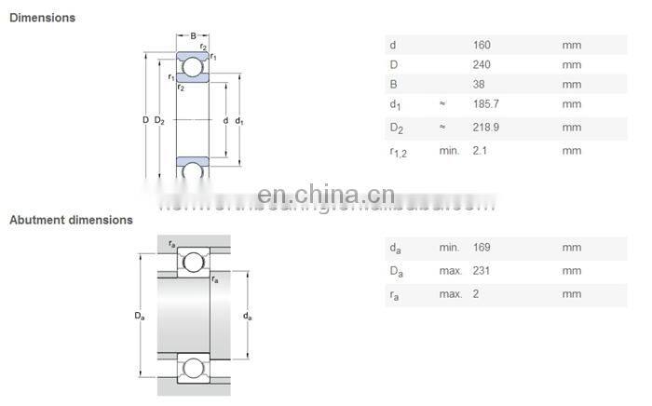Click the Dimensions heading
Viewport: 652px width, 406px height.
(x=42, y=18)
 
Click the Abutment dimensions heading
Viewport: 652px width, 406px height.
(x=71, y=221)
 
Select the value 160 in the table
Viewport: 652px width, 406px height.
(x=482, y=45)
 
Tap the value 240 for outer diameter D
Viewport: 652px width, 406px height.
(x=482, y=64)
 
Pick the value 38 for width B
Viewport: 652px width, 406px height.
(x=479, y=85)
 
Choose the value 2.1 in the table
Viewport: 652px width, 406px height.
(x=480, y=151)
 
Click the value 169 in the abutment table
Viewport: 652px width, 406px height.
(x=482, y=248)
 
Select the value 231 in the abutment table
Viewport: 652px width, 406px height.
(x=482, y=271)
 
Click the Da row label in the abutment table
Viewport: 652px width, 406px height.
(x=396, y=272)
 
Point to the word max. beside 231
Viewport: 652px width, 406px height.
(x=451, y=271)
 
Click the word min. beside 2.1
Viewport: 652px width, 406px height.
(x=450, y=151)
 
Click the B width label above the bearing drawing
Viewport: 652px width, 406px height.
(x=193, y=36)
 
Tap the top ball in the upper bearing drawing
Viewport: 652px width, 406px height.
(x=193, y=67)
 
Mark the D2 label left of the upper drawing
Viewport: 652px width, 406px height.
(x=159, y=120)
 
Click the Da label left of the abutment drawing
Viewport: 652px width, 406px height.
(x=139, y=317)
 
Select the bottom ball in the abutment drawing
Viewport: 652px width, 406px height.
(x=194, y=368)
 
